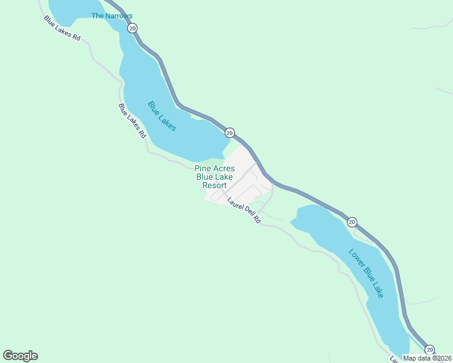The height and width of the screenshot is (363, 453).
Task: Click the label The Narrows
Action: pos(111,16)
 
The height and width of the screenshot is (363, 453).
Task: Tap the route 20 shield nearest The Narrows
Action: pos(133,28)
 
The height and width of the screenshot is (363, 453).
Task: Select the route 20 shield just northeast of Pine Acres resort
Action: pos(229,132)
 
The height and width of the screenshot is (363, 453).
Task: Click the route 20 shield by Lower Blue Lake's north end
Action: pos(352,222)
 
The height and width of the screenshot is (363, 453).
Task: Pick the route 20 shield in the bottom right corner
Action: pos(429,350)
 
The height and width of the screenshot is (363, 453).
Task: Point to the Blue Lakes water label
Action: pos(162,116)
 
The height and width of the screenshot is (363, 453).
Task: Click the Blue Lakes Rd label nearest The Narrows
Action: pos(62,28)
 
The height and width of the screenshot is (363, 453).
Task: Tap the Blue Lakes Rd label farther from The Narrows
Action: pos(132,121)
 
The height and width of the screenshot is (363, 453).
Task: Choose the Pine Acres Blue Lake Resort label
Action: pos(214,177)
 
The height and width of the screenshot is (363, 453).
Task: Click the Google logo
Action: pos(20,356)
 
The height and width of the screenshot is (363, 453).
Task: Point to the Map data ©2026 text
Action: pos(427,358)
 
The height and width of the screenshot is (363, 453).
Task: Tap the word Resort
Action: pos(214,185)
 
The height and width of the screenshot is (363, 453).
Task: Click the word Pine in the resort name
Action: pos(203,168)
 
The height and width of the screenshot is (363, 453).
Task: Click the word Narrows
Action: pos(120,16)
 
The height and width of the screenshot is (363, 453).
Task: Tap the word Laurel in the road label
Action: pos(235,204)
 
